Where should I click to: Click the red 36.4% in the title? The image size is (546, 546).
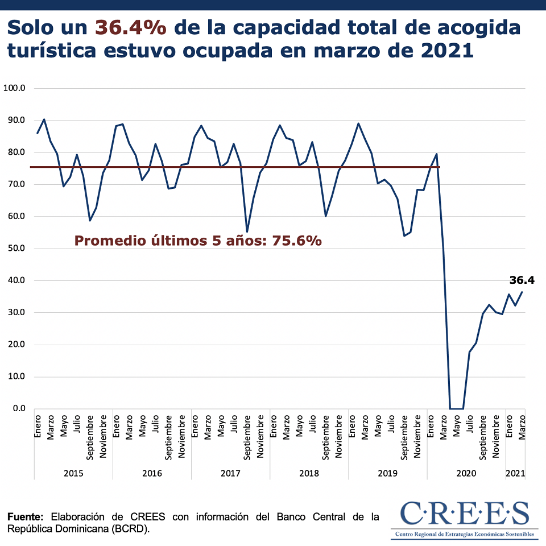click(131, 27)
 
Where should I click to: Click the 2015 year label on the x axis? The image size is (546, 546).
click(73, 473)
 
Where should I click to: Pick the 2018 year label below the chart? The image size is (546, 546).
click(309, 473)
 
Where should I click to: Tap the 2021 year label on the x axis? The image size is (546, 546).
click(515, 473)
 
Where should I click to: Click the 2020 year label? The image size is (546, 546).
click(466, 473)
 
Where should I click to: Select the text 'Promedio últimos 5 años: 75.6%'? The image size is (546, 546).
click(198, 241)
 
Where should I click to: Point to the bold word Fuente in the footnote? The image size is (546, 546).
click(25, 517)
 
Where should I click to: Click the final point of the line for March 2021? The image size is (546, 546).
click(522, 292)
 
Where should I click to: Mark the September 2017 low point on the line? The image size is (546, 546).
click(247, 231)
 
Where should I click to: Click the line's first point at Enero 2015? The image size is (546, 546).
click(38, 133)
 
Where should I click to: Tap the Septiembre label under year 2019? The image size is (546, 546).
click(404, 436)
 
